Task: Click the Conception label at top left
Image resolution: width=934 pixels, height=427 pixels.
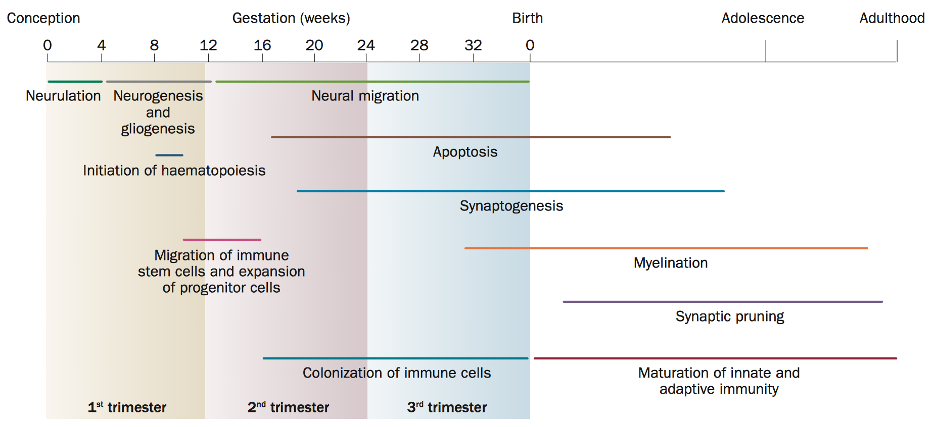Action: pos(43,18)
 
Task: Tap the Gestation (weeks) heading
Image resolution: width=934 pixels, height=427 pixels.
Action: pos(291,18)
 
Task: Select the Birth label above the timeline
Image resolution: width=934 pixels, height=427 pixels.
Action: pos(527,18)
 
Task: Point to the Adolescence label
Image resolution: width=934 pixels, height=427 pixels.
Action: pos(763,18)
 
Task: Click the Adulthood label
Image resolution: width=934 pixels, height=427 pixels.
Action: pos(892,18)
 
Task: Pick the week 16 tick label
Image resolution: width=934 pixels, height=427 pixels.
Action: pos(262,45)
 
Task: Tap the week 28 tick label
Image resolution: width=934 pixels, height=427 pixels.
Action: pos(419,45)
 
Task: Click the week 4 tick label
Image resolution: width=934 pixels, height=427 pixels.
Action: pos(102,45)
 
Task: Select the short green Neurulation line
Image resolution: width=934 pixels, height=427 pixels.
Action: pos(75,81)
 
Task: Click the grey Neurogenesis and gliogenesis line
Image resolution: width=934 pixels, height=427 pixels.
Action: pos(159,81)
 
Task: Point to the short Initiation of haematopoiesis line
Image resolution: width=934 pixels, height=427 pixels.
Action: pos(169,155)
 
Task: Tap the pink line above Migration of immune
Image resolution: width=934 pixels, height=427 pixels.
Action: pos(222,240)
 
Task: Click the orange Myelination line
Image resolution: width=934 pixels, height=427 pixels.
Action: pos(666,248)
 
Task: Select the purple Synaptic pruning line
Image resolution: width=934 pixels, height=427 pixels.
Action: pos(723,302)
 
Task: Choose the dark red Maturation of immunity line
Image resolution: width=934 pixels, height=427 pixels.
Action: pos(715,358)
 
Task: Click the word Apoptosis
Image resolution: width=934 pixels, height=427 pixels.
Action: pos(465,152)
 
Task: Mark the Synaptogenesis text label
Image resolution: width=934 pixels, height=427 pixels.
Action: pos(511,206)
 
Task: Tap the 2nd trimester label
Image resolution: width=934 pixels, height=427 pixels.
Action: pos(288,407)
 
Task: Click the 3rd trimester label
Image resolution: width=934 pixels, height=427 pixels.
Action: pos(447,407)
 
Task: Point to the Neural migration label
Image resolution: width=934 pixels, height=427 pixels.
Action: pos(365,96)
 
